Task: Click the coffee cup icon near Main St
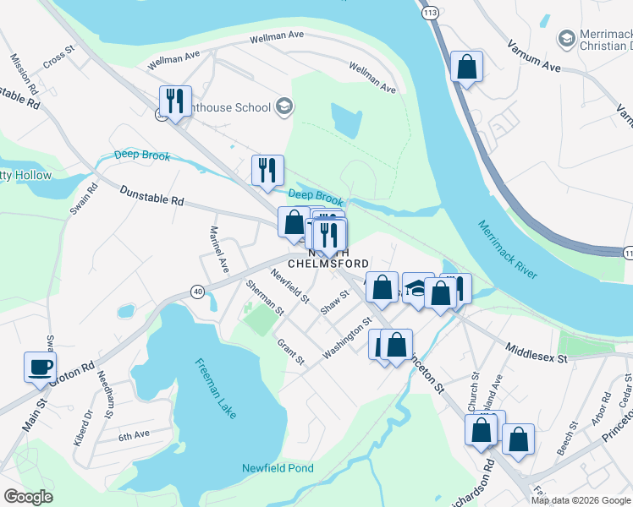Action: [40, 368]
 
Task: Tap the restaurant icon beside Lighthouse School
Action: [175, 101]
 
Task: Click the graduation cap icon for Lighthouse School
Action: [285, 106]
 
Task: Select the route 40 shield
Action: [197, 292]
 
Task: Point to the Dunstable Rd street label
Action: [151, 196]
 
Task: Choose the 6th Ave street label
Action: [133, 436]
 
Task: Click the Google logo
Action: [28, 496]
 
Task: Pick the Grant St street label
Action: [290, 352]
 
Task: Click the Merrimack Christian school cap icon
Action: [565, 39]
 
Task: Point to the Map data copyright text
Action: [581, 500]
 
